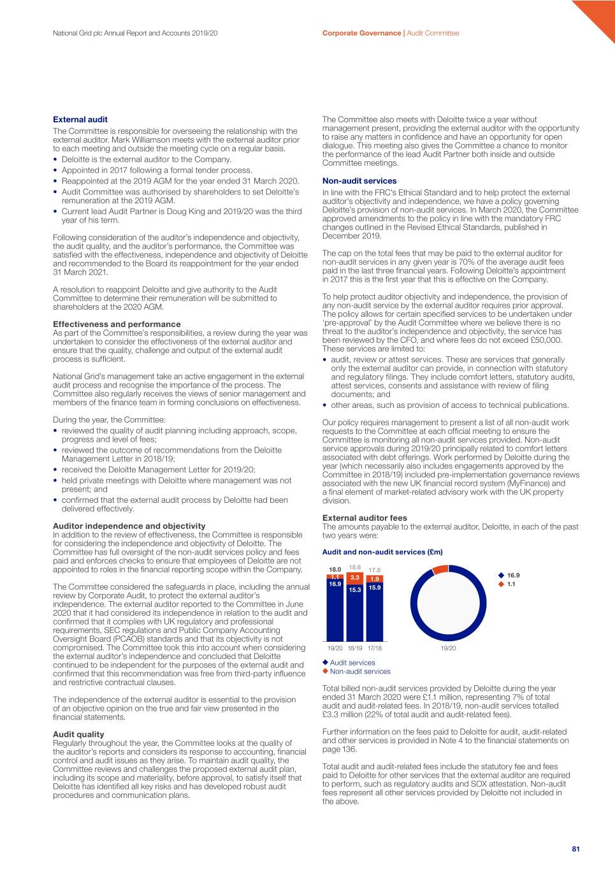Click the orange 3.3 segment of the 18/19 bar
[355, 578]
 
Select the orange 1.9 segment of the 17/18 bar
[375, 579]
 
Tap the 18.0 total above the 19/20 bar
[335, 569]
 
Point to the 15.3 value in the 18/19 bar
[355, 590]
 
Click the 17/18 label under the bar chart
[375, 648]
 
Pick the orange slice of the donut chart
[440, 569]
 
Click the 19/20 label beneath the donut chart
[448, 648]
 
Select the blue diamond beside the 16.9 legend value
[501, 576]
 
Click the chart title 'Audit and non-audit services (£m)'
[382, 552]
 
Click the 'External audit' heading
[80, 119]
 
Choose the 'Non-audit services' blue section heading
[359, 181]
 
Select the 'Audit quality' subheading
[78, 734]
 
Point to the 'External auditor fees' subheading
[365, 518]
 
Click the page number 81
[575, 849]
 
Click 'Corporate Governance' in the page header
[361, 33]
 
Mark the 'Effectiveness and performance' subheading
[117, 324]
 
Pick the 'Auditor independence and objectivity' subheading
[129, 526]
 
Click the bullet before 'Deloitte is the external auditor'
[55, 160]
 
